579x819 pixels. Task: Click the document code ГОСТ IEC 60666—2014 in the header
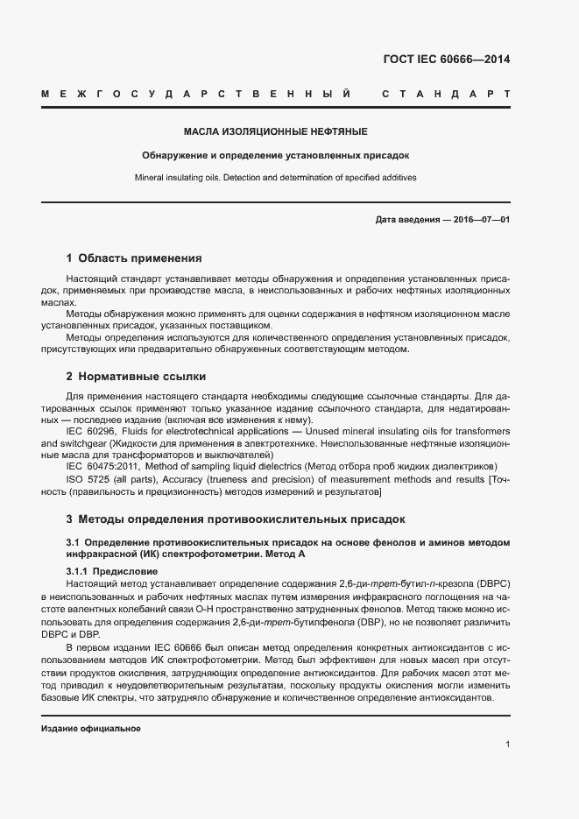pyautogui.click(x=446, y=60)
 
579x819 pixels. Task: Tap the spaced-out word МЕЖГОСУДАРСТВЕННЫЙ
pyautogui.click(x=196, y=93)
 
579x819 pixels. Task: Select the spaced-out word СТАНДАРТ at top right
pyautogui.click(x=447, y=93)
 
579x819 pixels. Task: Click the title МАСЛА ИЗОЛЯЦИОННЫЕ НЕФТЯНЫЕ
pyautogui.click(x=275, y=132)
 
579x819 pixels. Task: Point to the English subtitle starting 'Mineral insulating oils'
pyautogui.click(x=275, y=177)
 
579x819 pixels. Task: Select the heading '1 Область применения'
pyautogui.click(x=134, y=258)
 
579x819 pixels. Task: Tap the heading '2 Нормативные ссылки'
pyautogui.click(x=136, y=377)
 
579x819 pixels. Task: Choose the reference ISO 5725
pyautogui.click(x=92, y=479)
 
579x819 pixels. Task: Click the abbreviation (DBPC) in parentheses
pyautogui.click(x=493, y=584)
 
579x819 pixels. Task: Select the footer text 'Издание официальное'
pyautogui.click(x=91, y=729)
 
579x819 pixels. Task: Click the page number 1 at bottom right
pyautogui.click(x=507, y=745)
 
